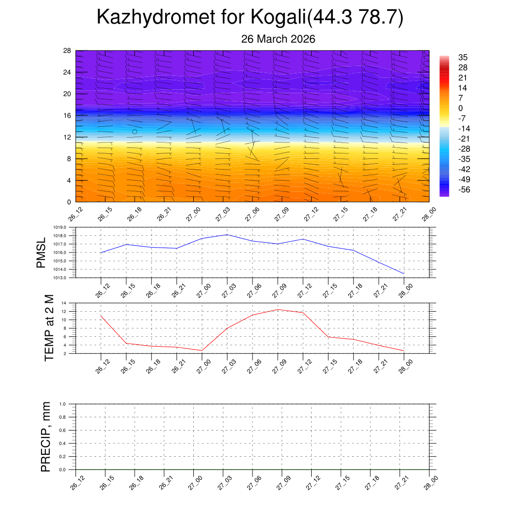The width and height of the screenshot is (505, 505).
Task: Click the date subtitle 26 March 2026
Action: point(278,39)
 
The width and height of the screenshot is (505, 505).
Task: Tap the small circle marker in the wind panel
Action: point(135,132)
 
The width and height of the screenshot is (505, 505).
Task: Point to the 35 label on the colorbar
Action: point(463,57)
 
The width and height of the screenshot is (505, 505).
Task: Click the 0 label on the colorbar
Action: point(461,108)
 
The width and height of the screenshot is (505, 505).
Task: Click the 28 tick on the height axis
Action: point(68,51)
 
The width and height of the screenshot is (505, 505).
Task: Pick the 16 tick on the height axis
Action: point(68,115)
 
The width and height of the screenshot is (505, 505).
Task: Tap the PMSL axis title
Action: point(41,252)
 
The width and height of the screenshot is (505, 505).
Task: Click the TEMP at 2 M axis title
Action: point(49,328)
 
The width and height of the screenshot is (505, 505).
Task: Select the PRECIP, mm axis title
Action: point(46,436)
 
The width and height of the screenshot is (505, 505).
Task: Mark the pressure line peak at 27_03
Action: point(227,234)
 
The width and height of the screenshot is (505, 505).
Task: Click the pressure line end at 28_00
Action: point(404,274)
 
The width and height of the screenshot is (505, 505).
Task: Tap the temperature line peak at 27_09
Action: point(278,310)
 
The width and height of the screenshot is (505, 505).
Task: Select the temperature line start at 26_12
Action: point(101,316)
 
